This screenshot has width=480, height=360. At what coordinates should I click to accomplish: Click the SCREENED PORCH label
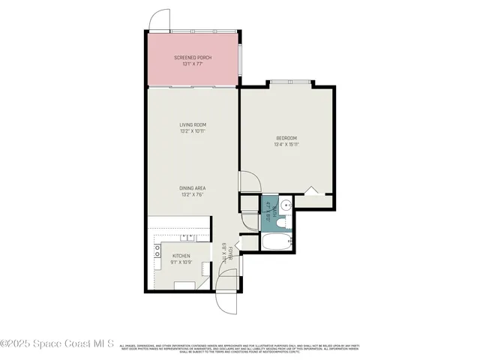pyautogui.click(x=193, y=58)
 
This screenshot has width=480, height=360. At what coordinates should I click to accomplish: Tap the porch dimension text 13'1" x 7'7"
pyautogui.click(x=193, y=64)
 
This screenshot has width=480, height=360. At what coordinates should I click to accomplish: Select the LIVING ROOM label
pyautogui.click(x=193, y=124)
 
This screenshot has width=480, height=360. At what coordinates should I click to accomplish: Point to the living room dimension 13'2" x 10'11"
pyautogui.click(x=193, y=131)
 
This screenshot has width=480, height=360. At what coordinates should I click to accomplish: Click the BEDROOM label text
pyautogui.click(x=286, y=138)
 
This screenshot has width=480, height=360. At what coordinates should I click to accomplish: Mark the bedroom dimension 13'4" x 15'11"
pyautogui.click(x=286, y=145)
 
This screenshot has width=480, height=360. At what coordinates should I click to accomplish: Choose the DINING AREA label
pyautogui.click(x=193, y=188)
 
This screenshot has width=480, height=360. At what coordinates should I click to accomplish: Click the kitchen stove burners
pyautogui.click(x=157, y=253)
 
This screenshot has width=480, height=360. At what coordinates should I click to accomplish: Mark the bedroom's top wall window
pyautogui.click(x=289, y=81)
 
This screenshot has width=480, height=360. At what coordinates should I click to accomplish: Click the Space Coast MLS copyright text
pyautogui.click(x=57, y=344)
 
